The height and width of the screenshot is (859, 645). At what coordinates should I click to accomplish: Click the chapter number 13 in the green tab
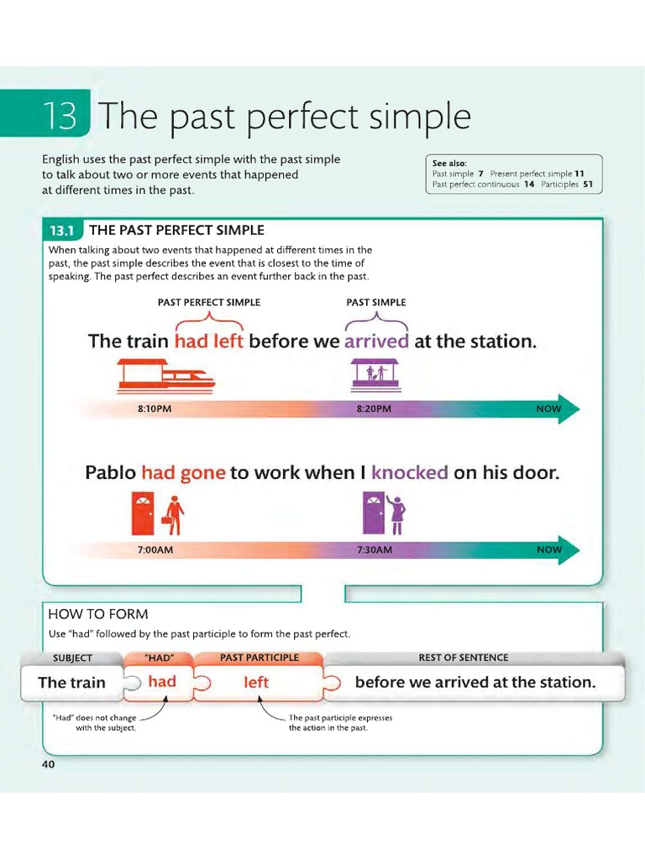click(61, 117)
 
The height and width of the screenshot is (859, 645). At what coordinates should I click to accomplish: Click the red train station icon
click(165, 376)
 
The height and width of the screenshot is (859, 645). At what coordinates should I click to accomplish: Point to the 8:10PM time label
click(154, 409)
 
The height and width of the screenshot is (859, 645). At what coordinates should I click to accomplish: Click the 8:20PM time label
click(374, 409)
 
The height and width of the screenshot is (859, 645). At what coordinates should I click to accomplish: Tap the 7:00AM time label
click(155, 549)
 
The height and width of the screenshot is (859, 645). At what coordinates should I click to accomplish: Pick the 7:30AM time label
click(375, 549)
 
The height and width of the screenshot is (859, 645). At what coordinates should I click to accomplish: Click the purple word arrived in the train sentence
click(376, 341)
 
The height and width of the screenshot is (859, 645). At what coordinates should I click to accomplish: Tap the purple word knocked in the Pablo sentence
click(409, 473)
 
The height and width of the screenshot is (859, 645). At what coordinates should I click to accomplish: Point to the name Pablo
click(110, 473)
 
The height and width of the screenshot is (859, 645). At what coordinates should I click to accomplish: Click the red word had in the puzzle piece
click(162, 682)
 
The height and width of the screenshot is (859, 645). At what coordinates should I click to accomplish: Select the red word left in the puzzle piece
click(256, 683)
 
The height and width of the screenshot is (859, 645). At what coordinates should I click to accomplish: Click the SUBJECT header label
click(72, 658)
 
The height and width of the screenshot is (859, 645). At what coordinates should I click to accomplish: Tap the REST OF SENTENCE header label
click(463, 658)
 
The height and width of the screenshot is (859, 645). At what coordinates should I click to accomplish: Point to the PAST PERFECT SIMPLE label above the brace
click(209, 302)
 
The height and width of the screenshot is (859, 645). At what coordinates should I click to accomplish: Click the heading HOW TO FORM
click(98, 614)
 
